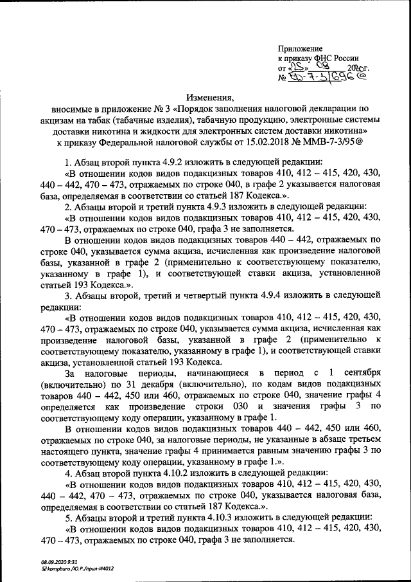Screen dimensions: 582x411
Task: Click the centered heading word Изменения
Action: point(211,98)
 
